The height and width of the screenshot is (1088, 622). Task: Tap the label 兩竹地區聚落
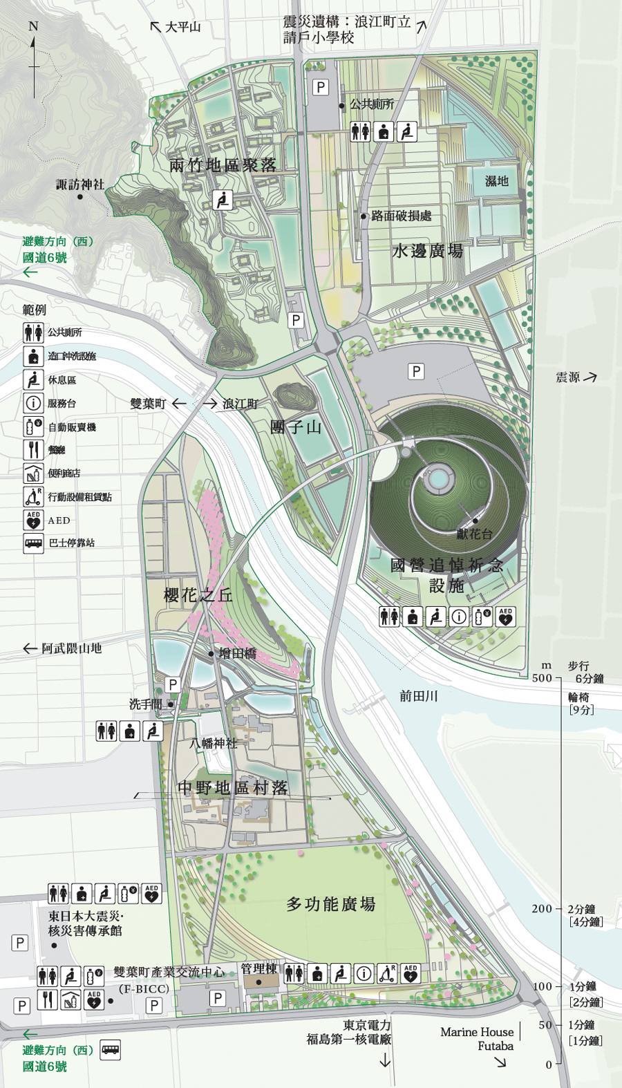(x=223, y=165)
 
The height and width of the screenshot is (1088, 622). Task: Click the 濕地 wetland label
(x=496, y=181)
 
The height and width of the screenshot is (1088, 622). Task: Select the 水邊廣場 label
(x=427, y=251)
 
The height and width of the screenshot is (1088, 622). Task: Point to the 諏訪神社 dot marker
(x=80, y=197)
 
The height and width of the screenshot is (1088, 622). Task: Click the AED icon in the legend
(x=33, y=520)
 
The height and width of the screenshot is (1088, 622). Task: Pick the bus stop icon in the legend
(x=33, y=543)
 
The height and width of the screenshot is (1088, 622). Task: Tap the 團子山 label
(x=296, y=427)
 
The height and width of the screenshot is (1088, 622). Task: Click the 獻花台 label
(x=474, y=534)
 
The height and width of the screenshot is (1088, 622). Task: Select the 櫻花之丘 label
(x=198, y=595)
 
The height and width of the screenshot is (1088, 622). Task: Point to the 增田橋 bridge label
(x=237, y=653)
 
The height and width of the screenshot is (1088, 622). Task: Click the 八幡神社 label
(x=214, y=743)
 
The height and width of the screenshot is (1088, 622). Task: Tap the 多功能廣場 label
(x=331, y=904)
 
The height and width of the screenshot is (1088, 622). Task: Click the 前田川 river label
(x=418, y=696)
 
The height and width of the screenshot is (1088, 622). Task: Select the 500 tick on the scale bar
(x=543, y=678)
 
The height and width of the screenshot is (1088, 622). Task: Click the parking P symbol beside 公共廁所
(x=320, y=87)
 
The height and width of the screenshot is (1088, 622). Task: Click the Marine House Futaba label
(x=477, y=1039)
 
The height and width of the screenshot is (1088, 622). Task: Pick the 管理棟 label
(x=258, y=969)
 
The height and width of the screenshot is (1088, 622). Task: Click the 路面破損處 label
(x=401, y=216)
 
